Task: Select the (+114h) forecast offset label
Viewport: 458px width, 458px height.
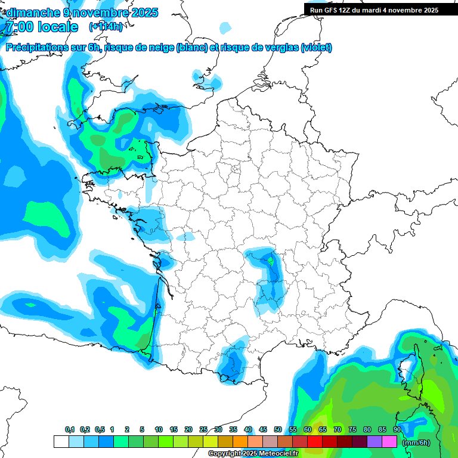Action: coord(106,27)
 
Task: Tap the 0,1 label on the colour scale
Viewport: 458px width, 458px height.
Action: coord(69,430)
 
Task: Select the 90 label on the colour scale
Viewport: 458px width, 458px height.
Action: coord(397,430)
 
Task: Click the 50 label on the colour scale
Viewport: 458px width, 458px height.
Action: coord(278,430)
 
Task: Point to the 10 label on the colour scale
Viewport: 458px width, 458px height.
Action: coord(159,430)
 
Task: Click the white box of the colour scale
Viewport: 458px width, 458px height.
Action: coord(61,442)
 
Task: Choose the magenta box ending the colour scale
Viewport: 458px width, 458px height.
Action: coord(389,442)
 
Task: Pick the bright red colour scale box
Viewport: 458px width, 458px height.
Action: coord(315,442)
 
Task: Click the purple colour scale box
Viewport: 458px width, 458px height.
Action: coord(375,442)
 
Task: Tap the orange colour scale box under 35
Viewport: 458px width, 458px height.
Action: coord(240,442)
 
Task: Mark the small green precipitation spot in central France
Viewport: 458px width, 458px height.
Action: coord(271,261)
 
